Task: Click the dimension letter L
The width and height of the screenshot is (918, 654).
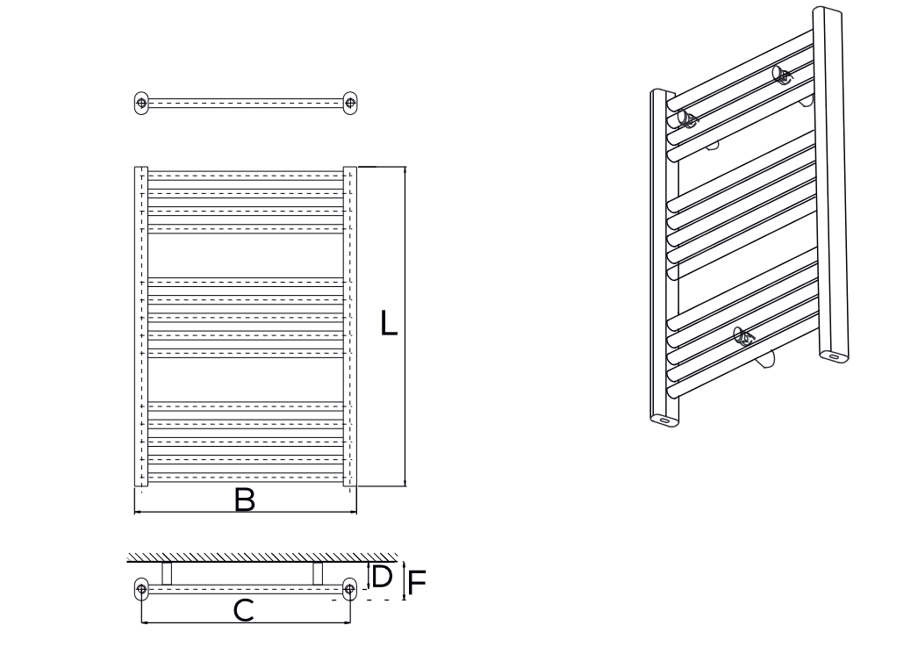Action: [x=388, y=322]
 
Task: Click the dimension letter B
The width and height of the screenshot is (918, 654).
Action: [x=245, y=500]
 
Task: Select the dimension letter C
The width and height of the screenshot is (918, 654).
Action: [x=243, y=610]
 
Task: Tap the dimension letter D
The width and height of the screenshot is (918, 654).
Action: [x=382, y=577]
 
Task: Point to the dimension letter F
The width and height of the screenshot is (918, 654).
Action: [x=417, y=583]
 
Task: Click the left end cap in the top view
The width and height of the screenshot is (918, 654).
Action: [x=141, y=103]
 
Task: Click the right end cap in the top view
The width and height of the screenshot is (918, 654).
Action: [x=349, y=103]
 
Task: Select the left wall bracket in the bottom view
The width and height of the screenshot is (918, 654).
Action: [x=167, y=573]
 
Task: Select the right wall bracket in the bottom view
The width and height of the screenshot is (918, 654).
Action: [x=318, y=573]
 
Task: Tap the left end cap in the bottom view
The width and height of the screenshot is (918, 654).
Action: [x=141, y=589]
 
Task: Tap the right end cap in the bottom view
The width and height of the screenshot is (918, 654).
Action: [x=349, y=589]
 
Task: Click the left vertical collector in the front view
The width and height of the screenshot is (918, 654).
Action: [x=141, y=327]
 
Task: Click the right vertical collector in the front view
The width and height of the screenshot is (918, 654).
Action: [x=349, y=327]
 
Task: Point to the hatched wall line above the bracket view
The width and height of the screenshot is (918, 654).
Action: [x=262, y=557]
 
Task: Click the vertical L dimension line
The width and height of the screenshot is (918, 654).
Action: [x=405, y=327]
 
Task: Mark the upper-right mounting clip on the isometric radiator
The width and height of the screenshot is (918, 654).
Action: [x=782, y=75]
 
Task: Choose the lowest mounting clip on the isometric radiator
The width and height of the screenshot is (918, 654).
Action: [x=744, y=336]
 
